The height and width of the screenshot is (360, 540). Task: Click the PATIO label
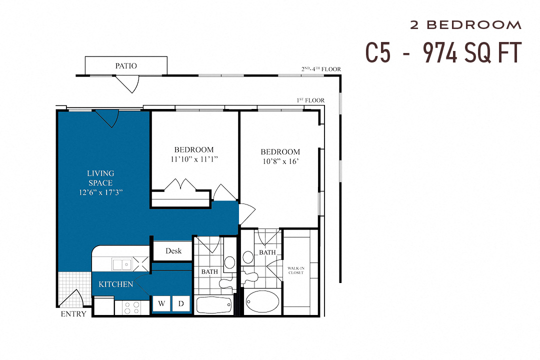126,65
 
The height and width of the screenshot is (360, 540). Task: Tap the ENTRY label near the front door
73,314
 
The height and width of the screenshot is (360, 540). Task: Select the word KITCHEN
116,284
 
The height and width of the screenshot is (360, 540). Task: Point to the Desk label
173,251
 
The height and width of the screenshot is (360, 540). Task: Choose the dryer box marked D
180,303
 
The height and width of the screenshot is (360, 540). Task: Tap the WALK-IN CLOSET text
295,270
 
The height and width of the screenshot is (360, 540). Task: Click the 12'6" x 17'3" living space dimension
100,192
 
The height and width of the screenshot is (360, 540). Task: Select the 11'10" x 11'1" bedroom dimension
194,159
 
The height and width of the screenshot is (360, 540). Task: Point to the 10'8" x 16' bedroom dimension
280,161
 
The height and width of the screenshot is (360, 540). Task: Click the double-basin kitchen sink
121,264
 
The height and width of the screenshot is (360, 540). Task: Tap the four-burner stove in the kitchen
132,307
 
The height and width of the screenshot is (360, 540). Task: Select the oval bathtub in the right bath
262,301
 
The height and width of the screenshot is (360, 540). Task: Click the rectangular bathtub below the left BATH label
213,304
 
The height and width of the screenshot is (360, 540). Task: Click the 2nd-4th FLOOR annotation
321,69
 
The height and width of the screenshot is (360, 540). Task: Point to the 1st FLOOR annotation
310,100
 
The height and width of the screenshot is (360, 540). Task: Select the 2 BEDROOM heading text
465,25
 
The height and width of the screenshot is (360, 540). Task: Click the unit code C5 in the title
378,52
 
